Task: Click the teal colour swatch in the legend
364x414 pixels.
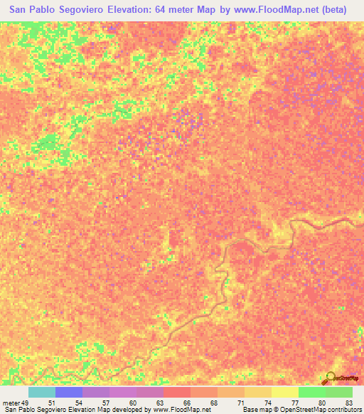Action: click(41, 392)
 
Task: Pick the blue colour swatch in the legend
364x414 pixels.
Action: click(68, 392)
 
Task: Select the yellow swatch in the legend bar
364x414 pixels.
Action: click(284, 392)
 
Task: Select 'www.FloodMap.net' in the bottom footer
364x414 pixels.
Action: click(181, 409)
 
